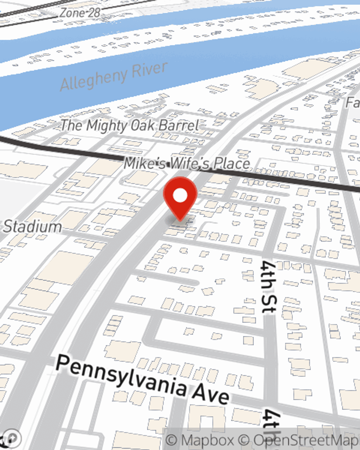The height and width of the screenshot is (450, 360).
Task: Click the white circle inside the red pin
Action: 180,196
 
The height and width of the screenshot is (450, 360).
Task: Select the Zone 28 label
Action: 80,13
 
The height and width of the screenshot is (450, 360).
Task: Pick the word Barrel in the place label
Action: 179,126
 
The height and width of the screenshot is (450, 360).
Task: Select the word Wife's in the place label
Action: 190,164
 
